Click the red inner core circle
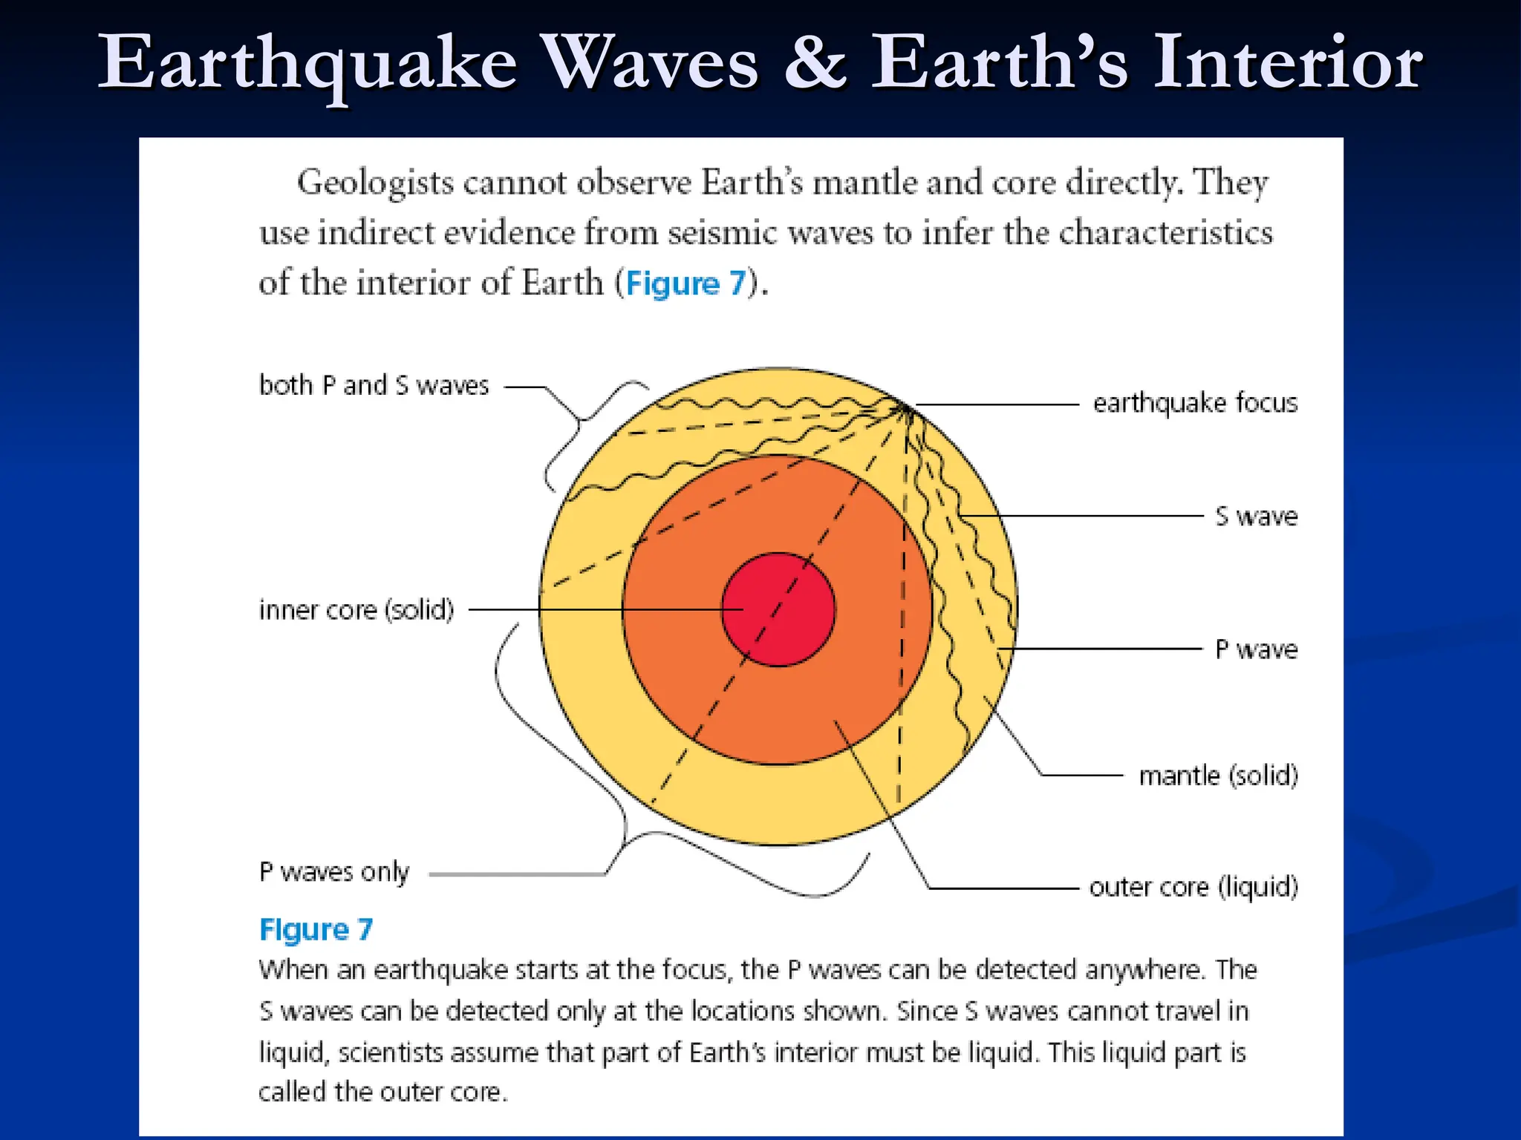(x=778, y=609)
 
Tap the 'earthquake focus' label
(x=1195, y=403)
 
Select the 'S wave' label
(x=1256, y=516)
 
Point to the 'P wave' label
(x=1256, y=649)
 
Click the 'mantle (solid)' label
(x=1218, y=776)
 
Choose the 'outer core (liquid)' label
(x=1193, y=887)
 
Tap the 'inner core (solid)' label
(x=356, y=610)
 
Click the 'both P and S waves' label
(x=374, y=385)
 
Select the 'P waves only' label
(x=333, y=872)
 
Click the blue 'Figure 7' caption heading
(x=316, y=929)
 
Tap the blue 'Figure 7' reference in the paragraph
(x=685, y=284)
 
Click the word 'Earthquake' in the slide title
(x=307, y=64)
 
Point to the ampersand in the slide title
(x=815, y=62)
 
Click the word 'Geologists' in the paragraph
(x=375, y=183)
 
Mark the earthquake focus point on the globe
(x=905, y=406)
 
